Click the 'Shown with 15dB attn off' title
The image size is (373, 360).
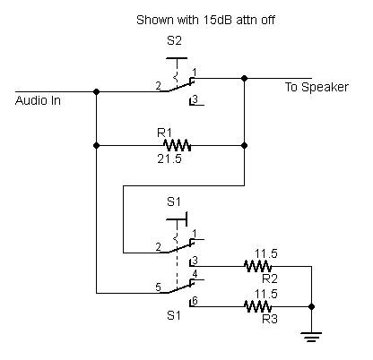205,20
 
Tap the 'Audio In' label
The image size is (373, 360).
38,100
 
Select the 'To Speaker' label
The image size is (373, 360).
317,87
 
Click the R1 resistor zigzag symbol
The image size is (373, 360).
178,145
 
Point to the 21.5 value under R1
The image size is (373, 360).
169,159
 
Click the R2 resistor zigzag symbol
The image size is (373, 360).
258,266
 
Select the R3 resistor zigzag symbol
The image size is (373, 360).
258,306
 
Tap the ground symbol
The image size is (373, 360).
311,337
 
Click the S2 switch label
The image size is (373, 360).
174,40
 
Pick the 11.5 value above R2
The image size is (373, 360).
266,253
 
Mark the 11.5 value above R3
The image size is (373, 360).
266,294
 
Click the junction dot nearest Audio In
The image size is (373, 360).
96,91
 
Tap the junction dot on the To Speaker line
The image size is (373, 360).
244,78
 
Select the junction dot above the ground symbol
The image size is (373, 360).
311,306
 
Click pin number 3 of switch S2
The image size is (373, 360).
195,99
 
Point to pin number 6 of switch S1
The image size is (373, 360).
195,301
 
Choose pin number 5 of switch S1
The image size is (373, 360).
158,287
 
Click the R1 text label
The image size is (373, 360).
165,133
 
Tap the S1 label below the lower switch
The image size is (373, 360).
174,315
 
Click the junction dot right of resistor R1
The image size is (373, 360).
244,145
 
